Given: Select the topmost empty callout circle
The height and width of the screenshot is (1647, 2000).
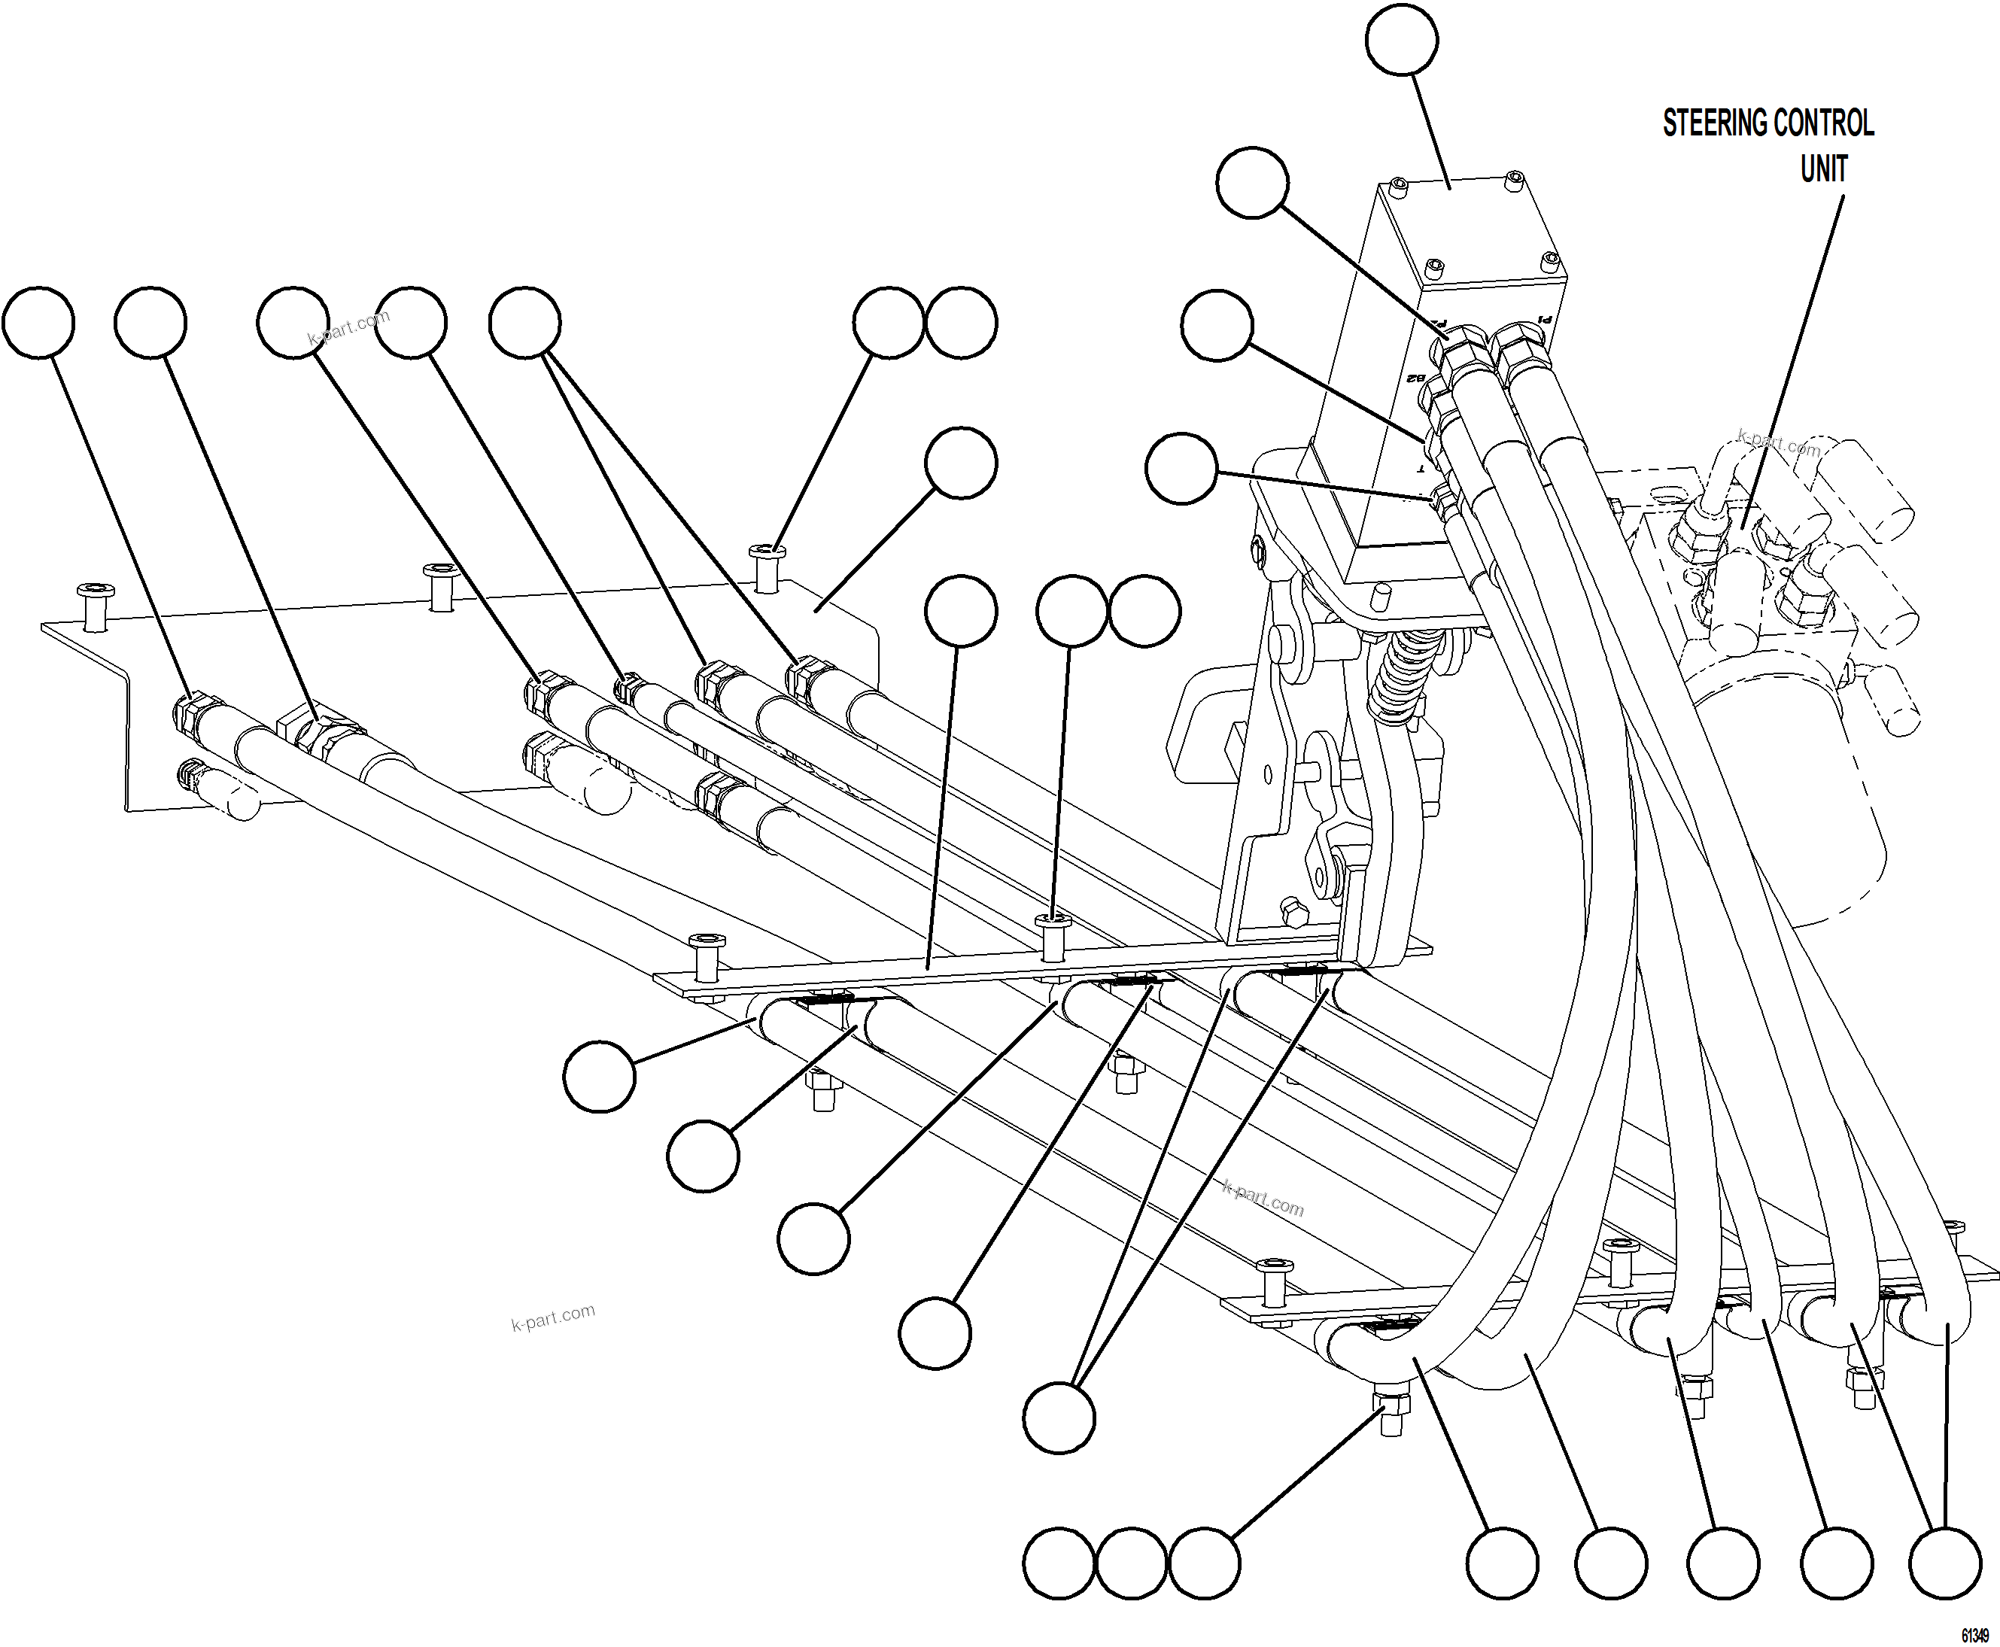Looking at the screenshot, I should point(1401,39).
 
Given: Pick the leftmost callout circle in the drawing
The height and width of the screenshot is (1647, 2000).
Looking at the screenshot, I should point(38,324).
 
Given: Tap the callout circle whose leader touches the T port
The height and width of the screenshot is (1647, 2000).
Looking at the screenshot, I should point(1181,469).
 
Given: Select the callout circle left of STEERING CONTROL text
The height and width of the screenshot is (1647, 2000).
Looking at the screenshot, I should point(1401,39).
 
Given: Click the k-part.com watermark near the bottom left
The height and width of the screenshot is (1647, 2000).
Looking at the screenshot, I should point(552,1317).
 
